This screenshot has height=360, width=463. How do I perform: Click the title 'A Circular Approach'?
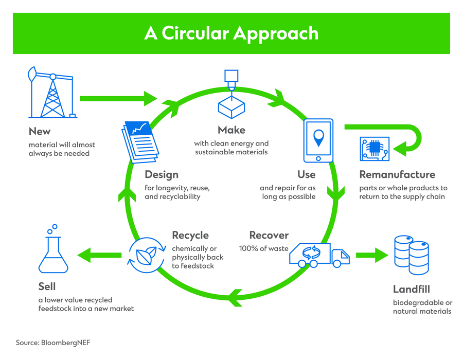[231, 33]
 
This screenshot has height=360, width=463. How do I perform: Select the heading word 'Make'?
[231, 130]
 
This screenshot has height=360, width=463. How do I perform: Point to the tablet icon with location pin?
[318, 140]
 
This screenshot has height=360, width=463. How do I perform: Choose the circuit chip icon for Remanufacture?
[374, 149]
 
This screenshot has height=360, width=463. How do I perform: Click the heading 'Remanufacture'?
[397, 174]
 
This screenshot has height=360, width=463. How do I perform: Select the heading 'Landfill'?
[411, 289]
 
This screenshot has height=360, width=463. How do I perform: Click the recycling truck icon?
[318, 255]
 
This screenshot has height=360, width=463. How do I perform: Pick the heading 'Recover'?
[269, 236]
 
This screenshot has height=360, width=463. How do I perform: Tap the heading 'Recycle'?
[190, 236]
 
